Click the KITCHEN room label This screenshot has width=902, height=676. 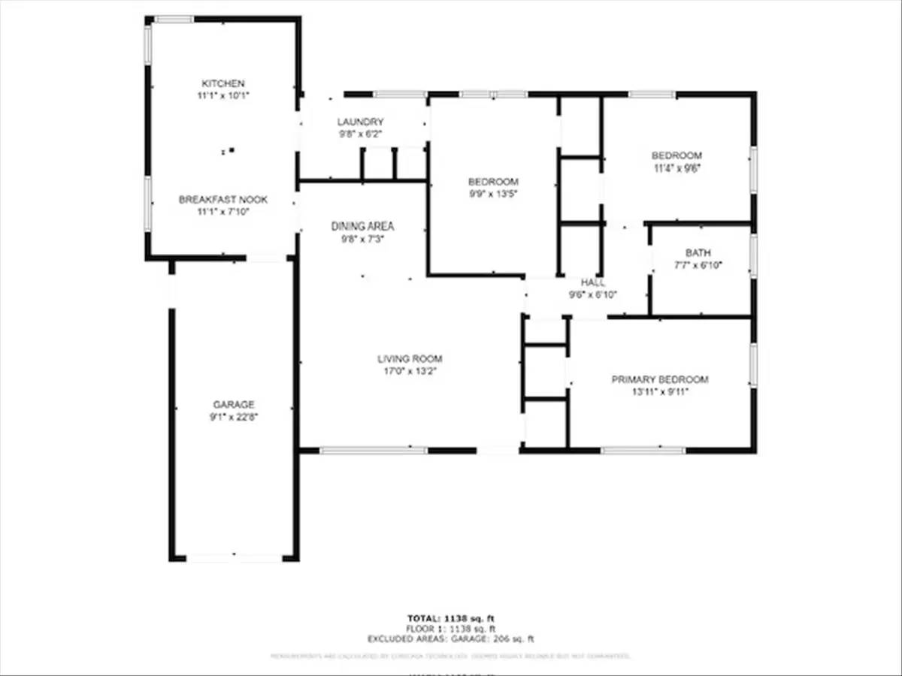click(222, 83)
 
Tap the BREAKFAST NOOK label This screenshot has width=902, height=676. click(222, 200)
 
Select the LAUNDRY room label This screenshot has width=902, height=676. click(360, 122)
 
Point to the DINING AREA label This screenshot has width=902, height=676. click(362, 226)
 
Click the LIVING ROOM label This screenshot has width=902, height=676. click(410, 359)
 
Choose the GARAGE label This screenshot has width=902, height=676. click(233, 405)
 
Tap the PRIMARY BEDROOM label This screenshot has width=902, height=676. click(659, 380)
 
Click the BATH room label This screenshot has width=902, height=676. click(698, 253)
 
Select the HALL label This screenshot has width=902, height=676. click(593, 283)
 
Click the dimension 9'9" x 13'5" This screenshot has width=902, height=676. click(493, 194)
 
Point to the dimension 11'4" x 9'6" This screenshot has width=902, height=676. click(676, 168)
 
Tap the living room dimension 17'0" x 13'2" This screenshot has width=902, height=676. click(410, 371)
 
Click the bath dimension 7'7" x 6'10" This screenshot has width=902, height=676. click(698, 265)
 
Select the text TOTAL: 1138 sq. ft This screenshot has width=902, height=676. click(450, 618)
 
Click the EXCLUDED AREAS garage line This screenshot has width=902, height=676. click(450, 639)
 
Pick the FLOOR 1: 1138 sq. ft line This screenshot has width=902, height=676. click(450, 629)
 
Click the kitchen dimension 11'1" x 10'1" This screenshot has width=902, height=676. click(222, 95)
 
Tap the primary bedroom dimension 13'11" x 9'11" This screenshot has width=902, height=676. click(659, 391)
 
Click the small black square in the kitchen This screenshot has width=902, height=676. click(232, 150)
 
